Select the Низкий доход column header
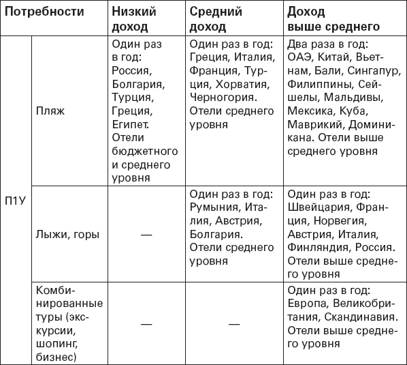(x=133, y=19)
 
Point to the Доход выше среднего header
(x=333, y=19)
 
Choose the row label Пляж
(x=52, y=113)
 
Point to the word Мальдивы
(x=363, y=99)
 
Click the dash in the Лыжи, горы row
(x=145, y=235)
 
